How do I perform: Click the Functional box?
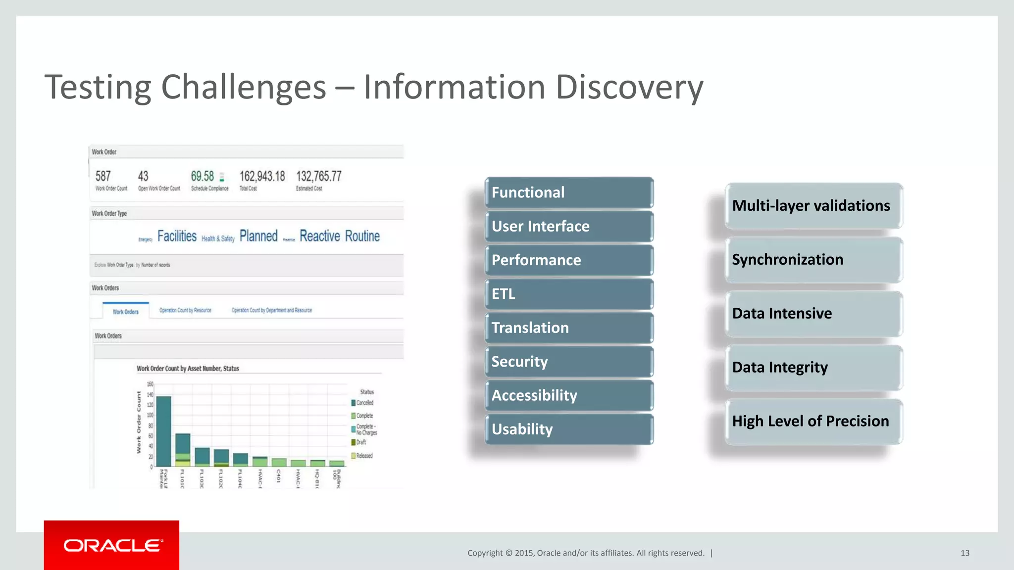tap(568, 192)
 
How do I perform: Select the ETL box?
tap(568, 294)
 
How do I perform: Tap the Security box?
tap(568, 362)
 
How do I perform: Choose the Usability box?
tap(568, 429)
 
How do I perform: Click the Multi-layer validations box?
tap(813, 206)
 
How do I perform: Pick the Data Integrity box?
tap(813, 367)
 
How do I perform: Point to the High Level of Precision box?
tap(813, 421)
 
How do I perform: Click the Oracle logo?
tap(112, 545)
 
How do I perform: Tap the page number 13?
tap(964, 553)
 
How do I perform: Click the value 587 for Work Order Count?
tap(103, 177)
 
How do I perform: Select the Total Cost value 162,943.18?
tap(262, 177)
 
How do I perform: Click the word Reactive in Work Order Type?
tap(319, 236)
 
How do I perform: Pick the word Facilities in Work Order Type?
tap(177, 236)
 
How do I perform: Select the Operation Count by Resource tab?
tap(185, 310)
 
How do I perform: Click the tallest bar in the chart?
tap(163, 430)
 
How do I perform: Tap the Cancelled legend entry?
tap(364, 403)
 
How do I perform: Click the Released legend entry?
tap(364, 456)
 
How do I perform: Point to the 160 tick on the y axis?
tap(150, 384)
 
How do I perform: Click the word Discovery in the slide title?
tap(629, 88)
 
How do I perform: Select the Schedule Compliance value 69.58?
tap(203, 177)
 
